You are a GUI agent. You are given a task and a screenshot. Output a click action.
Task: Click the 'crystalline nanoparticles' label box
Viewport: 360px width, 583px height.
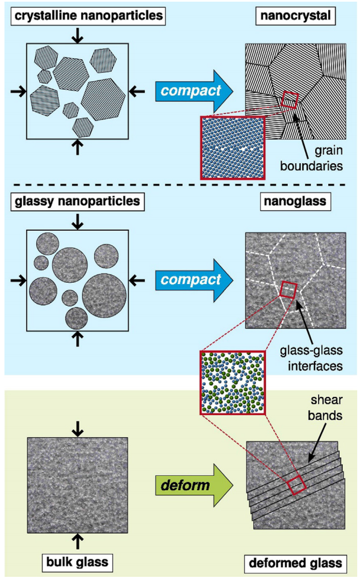tap(88, 16)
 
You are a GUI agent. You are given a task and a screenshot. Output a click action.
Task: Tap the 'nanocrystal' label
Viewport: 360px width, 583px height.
tap(295, 16)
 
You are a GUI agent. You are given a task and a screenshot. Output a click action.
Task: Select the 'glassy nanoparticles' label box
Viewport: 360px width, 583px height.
tap(77, 202)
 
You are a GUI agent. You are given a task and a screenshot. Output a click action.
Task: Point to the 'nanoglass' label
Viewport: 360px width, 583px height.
tap(295, 202)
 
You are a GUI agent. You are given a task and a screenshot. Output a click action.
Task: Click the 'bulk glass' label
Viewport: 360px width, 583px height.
tap(77, 562)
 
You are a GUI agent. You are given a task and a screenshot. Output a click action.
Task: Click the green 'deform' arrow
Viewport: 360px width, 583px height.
tap(194, 485)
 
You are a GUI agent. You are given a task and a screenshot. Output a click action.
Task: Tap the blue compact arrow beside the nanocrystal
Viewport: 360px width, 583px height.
tap(194, 91)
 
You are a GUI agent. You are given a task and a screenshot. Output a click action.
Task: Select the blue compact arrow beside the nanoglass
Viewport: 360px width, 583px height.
tap(194, 280)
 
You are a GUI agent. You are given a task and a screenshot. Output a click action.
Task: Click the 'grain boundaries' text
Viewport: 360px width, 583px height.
tap(312, 158)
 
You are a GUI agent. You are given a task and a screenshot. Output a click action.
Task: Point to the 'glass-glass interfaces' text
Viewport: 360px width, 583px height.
tap(312, 358)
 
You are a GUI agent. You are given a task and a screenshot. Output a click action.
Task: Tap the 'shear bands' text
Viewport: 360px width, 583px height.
tap(325, 407)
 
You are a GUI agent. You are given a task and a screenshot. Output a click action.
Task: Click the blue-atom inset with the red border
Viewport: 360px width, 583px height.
tap(233, 148)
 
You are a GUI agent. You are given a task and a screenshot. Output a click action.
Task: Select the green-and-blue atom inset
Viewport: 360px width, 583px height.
tap(233, 382)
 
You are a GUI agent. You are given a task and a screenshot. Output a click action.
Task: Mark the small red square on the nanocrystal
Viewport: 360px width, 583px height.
tap(290, 99)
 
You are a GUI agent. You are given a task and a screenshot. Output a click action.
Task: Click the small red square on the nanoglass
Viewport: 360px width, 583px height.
tap(288, 290)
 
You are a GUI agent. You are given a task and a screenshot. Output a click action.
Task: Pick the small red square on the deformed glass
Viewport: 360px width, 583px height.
tap(297, 485)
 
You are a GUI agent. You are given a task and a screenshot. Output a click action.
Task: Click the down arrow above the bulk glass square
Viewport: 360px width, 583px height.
tap(77, 429)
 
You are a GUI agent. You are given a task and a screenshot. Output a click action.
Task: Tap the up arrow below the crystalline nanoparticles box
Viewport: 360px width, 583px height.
tap(77, 147)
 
